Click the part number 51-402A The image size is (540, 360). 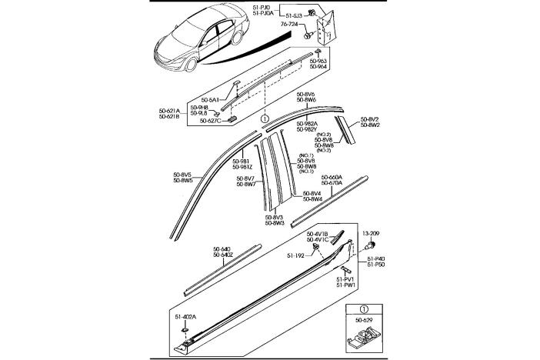(185, 316)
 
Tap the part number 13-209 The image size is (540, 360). (372, 232)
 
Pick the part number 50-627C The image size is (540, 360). (210, 121)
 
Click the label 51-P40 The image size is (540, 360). (375, 259)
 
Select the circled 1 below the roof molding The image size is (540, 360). (264, 120)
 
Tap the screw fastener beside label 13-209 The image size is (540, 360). (369, 245)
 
